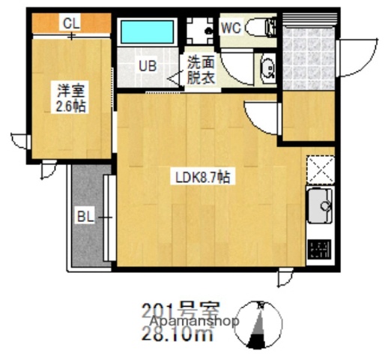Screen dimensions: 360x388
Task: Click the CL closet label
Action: [x=70, y=23]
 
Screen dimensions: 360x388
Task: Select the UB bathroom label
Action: [x=147, y=65]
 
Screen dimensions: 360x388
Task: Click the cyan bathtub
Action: [x=148, y=32]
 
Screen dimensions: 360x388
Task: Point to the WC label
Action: [x=230, y=28]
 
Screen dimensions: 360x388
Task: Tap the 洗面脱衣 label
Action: [x=201, y=70]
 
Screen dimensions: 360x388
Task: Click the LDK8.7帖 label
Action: [x=202, y=178]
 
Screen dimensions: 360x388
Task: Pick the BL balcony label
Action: [x=85, y=218]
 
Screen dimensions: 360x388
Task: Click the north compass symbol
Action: [x=259, y=323]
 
